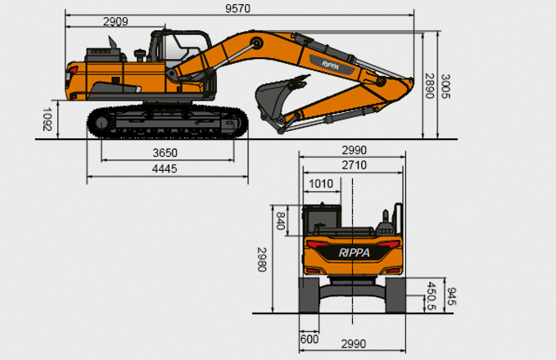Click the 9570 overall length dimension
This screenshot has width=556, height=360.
[x=237, y=8]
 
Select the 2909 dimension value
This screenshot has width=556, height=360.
[x=115, y=21]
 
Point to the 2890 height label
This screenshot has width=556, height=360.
[x=429, y=86]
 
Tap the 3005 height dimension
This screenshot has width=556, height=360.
[x=445, y=86]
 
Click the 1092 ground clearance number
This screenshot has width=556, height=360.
[x=47, y=119]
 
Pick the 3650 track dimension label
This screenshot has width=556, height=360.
[x=165, y=153]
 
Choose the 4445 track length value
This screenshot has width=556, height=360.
[x=165, y=169]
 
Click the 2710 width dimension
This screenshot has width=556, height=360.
[x=355, y=165]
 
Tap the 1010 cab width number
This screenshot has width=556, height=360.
[x=321, y=184]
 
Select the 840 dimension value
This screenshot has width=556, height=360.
[x=281, y=221]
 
